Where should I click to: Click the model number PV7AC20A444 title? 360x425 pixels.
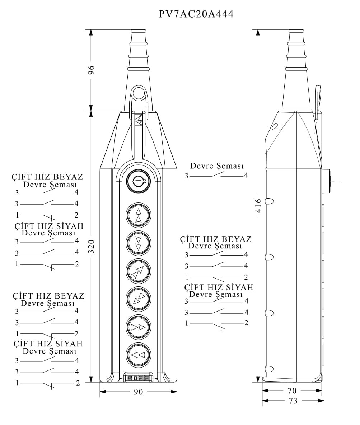[x=196, y=14]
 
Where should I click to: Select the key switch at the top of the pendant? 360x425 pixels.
[x=138, y=181]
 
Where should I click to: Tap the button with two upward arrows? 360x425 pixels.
[x=138, y=215]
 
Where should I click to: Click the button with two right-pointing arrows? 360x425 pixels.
[x=138, y=327]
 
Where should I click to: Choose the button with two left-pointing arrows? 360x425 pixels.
[x=138, y=355]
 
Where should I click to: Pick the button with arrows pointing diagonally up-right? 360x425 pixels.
[x=138, y=271]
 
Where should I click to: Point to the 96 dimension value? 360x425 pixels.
[x=91, y=70]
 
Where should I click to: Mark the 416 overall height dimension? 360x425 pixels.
[x=258, y=206]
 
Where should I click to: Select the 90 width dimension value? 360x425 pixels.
[x=138, y=392]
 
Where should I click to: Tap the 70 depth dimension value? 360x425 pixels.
[x=292, y=391]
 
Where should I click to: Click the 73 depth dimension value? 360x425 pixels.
[x=293, y=401]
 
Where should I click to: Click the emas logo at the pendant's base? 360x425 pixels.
[x=138, y=378]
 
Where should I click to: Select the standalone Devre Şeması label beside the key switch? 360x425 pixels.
[x=217, y=166]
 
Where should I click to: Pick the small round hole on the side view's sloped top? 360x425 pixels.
[x=275, y=126]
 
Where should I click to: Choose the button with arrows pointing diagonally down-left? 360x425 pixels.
[x=138, y=299]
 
